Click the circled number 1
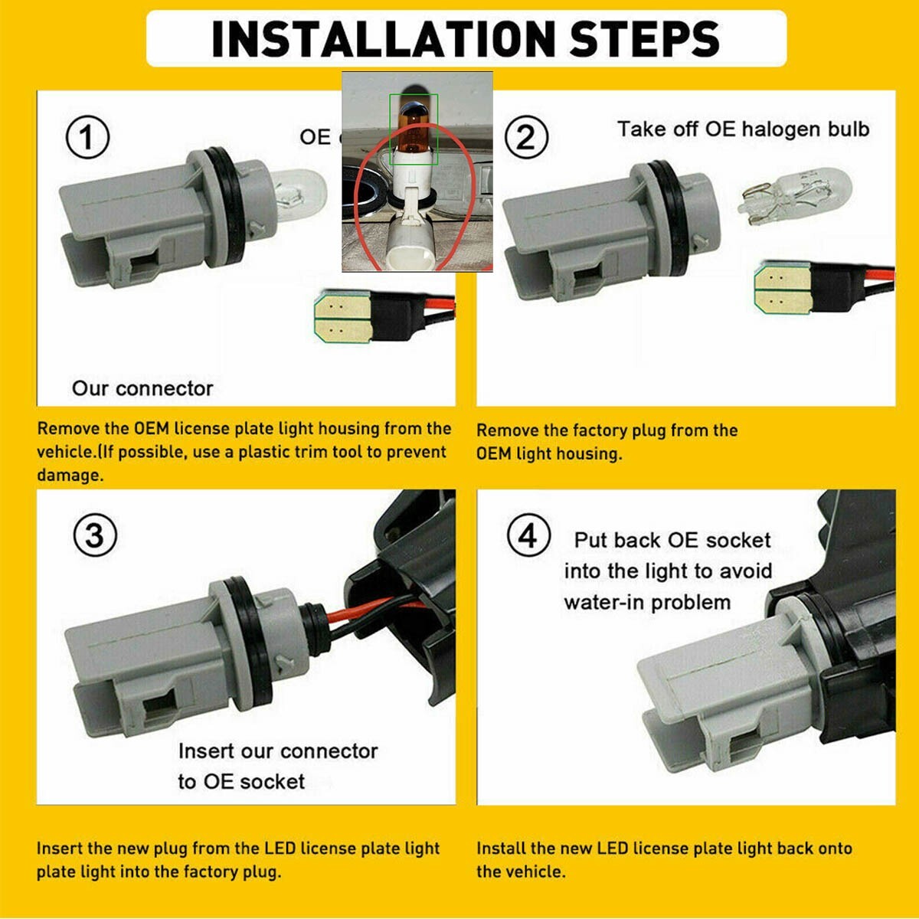point(87,137)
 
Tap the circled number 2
point(526,137)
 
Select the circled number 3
point(95,535)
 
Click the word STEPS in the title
point(645,38)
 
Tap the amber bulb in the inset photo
point(413,129)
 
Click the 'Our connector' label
point(142,389)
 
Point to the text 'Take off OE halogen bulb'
point(743,129)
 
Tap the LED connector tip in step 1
point(342,317)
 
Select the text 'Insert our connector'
point(278,751)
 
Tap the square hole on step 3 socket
point(159,711)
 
